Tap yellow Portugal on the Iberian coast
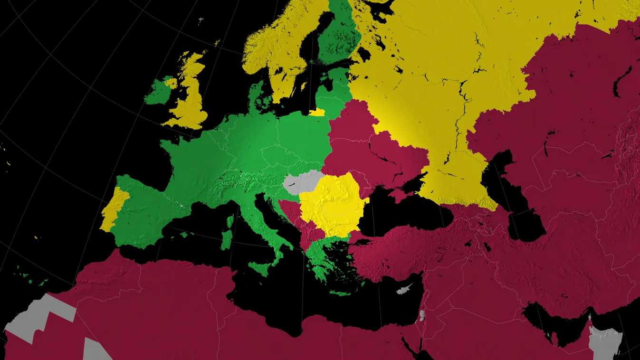tap(114, 209)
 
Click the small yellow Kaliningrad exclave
tap(317, 113)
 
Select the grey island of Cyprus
tap(403, 289)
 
